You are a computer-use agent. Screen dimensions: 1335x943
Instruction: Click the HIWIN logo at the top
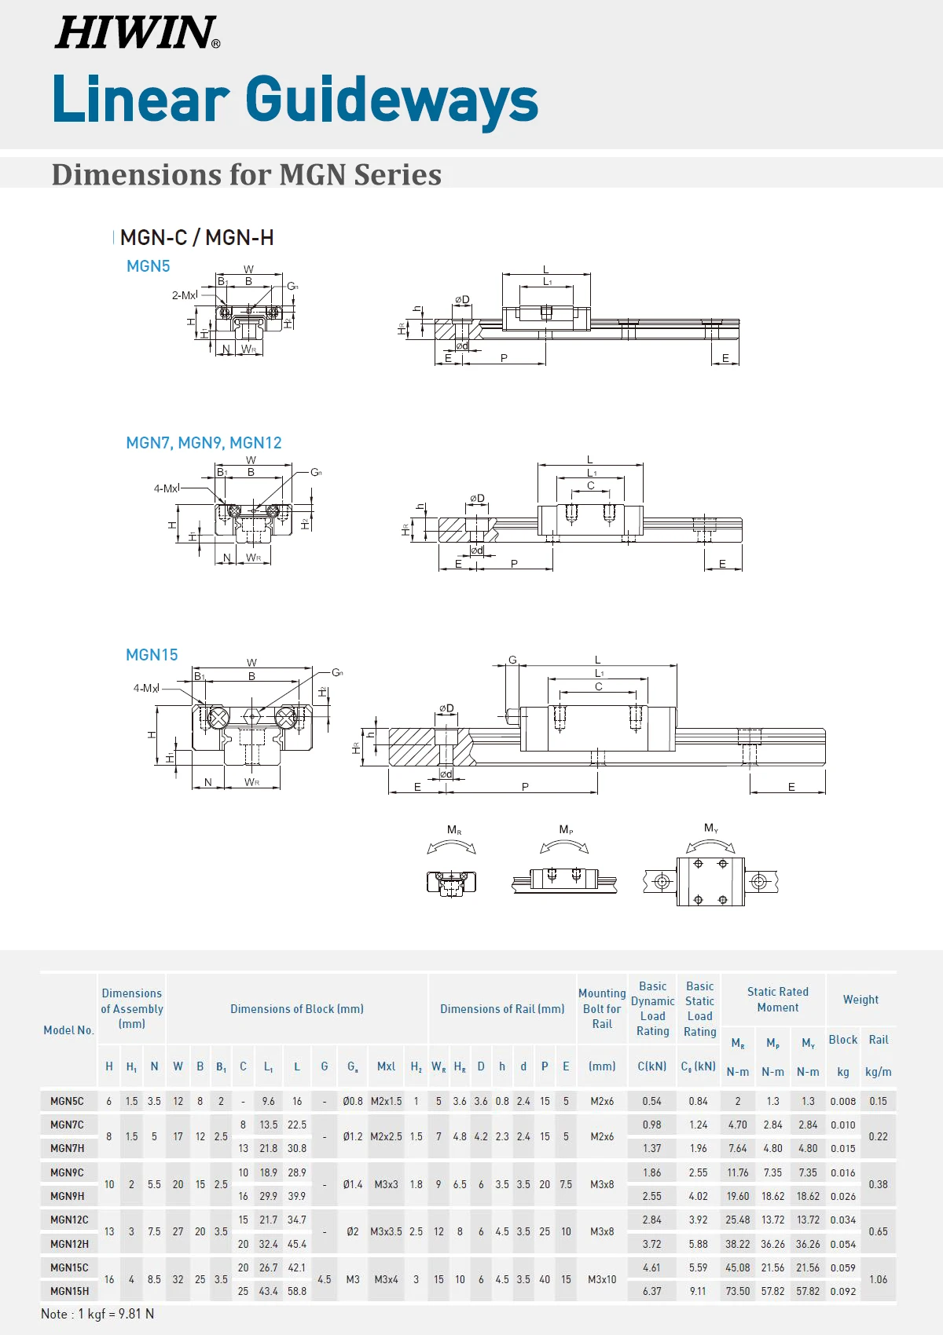(x=137, y=33)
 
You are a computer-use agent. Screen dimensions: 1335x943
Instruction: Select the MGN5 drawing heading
(x=148, y=266)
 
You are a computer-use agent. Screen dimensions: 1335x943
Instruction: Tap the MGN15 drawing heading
(x=152, y=655)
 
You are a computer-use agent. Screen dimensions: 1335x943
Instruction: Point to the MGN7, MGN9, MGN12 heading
(x=204, y=443)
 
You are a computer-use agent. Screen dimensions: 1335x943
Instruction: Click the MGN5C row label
(x=68, y=1101)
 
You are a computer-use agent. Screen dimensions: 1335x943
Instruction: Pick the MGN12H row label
(x=69, y=1244)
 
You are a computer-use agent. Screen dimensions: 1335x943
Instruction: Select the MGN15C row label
(x=69, y=1267)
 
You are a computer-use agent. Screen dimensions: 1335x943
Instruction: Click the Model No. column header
(x=68, y=1030)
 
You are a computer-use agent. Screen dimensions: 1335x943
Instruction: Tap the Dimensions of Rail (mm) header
(x=502, y=1009)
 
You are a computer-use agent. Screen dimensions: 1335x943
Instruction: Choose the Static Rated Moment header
(x=777, y=1000)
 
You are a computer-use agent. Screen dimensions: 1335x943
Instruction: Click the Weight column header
(x=860, y=1000)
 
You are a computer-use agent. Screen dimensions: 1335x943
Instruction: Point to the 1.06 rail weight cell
(x=878, y=1279)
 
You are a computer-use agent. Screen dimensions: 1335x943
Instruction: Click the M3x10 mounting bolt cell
(x=602, y=1279)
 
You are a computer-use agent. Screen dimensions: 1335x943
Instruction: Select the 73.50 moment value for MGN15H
(x=737, y=1291)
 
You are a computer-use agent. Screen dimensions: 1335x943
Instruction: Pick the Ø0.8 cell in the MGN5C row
(x=353, y=1101)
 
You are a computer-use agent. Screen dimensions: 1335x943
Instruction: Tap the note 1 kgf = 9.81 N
(x=97, y=1314)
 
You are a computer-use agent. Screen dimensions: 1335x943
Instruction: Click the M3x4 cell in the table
(x=386, y=1279)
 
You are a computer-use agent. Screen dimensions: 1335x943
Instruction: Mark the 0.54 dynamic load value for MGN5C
(x=651, y=1101)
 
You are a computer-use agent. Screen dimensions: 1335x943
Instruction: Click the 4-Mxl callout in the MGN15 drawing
(x=146, y=688)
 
